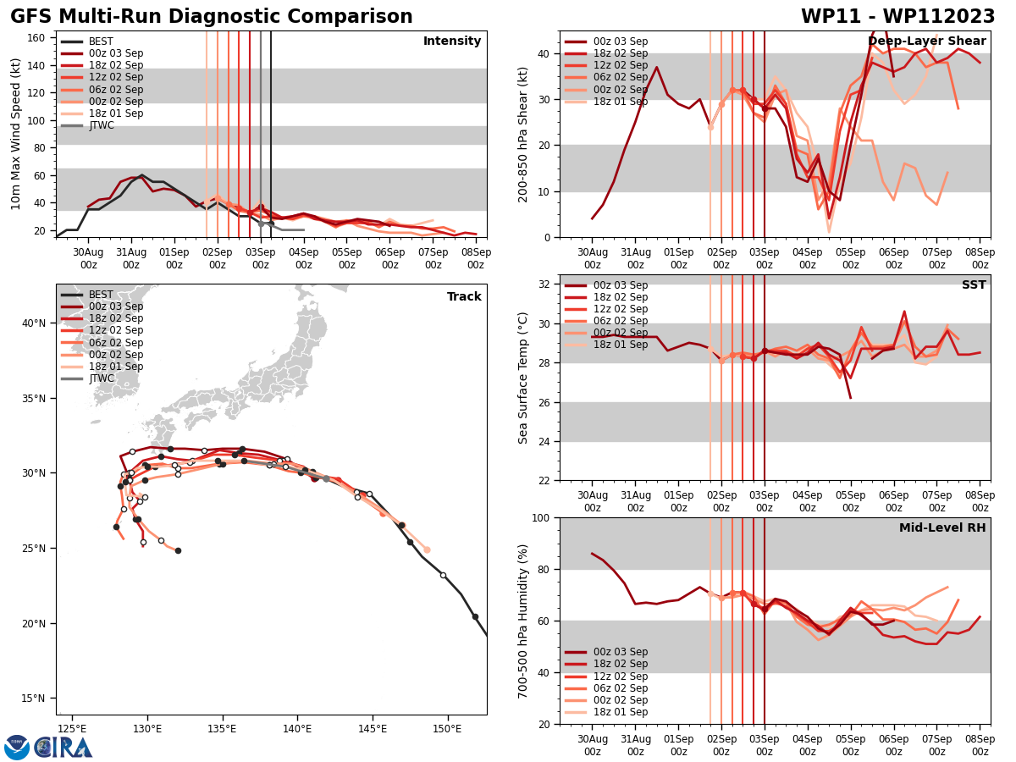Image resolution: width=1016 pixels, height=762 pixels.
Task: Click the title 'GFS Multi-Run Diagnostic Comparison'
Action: [x=212, y=17]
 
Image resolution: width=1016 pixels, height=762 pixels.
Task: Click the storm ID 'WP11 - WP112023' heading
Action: [x=897, y=17]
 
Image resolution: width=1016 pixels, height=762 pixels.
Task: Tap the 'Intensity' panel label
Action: [x=452, y=41]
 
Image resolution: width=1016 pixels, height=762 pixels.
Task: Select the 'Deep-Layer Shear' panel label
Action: [x=926, y=41]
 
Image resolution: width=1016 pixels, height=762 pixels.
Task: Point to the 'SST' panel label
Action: [x=974, y=285]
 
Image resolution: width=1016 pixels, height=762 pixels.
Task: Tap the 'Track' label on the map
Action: [x=464, y=297]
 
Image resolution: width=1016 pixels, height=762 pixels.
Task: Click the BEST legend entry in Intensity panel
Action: [x=101, y=41]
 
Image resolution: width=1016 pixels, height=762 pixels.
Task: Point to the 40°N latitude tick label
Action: [x=34, y=323]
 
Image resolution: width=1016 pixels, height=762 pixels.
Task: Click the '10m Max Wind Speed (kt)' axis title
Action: [x=16, y=134]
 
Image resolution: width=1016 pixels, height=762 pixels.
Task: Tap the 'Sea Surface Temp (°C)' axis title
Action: [x=523, y=378]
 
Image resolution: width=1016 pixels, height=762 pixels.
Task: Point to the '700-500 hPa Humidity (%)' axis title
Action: [x=523, y=621]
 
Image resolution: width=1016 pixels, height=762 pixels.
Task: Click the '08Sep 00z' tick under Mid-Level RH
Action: [x=980, y=746]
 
